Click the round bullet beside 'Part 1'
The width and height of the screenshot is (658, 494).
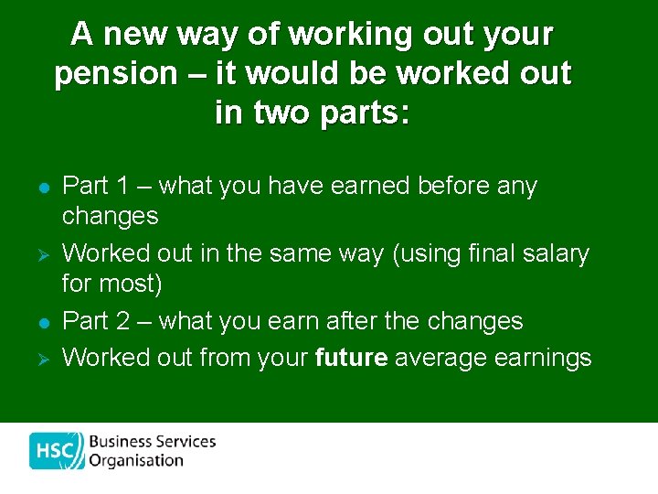pos(42,187)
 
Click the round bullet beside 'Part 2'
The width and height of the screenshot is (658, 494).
pos(42,322)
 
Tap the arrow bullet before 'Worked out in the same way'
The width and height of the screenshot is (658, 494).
pos(42,253)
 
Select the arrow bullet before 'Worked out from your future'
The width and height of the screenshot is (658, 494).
pos(42,358)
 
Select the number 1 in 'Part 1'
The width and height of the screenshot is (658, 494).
pos(123,186)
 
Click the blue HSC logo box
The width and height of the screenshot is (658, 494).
pos(57,451)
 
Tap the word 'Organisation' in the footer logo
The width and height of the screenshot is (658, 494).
pos(136,461)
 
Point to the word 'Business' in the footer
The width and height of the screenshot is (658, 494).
pos(120,441)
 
